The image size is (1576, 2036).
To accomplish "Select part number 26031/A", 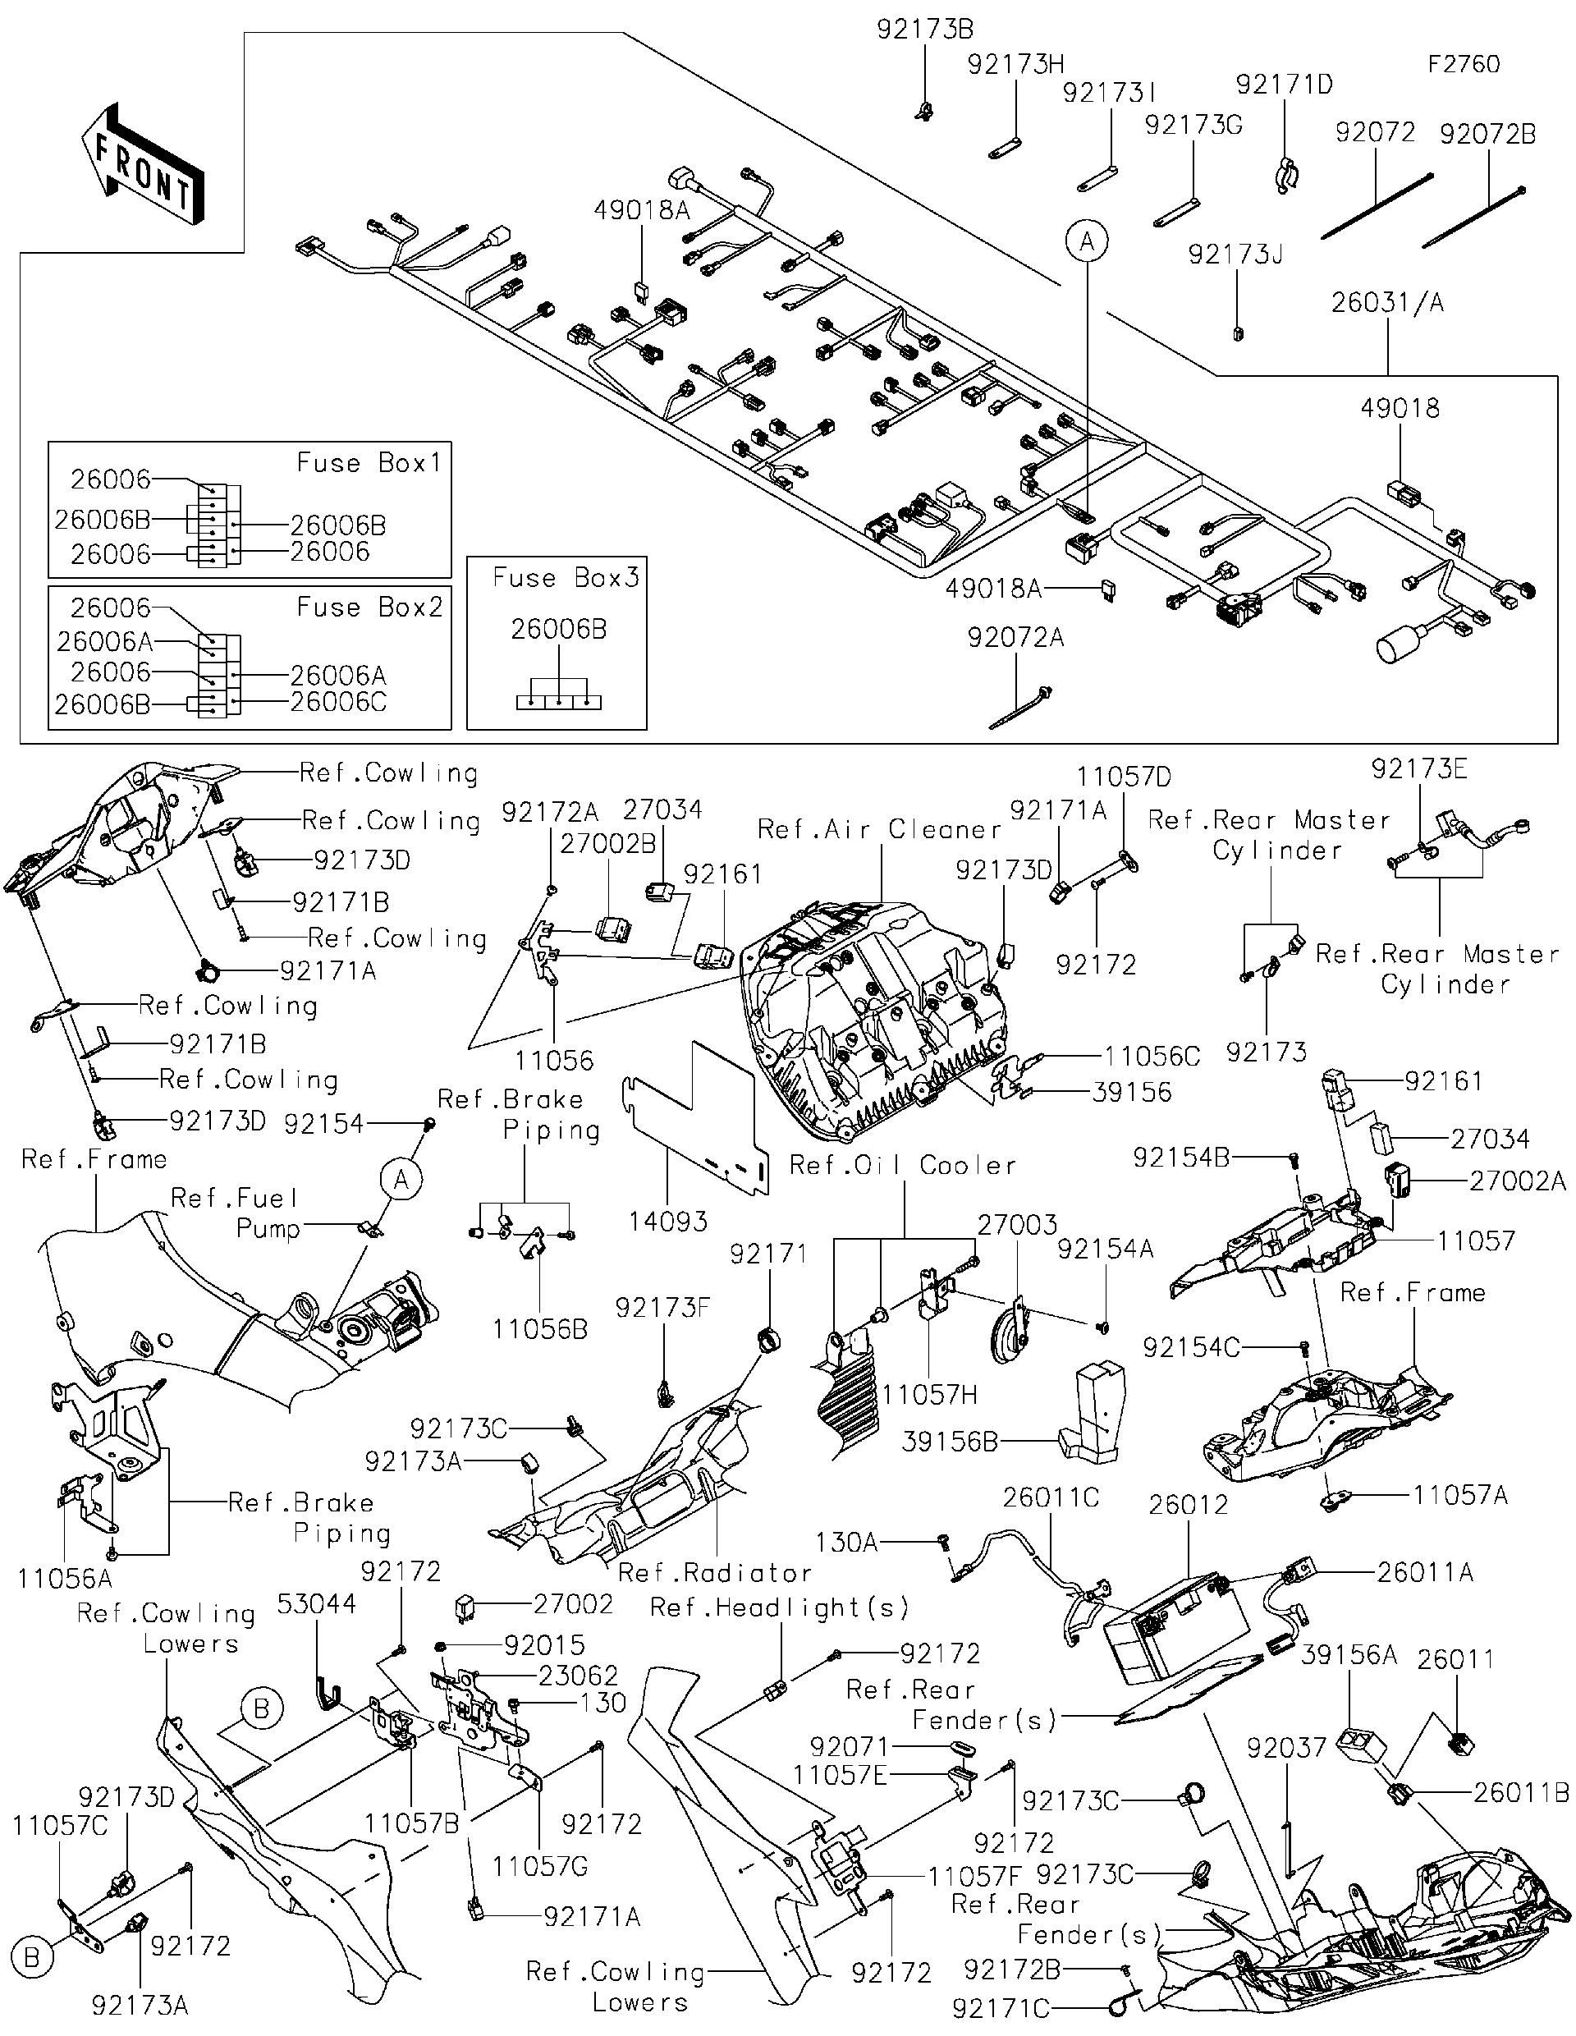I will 1387,302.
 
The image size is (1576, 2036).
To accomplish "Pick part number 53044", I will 316,1603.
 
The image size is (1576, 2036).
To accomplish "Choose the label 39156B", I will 949,1442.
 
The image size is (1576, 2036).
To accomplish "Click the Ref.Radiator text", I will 715,1574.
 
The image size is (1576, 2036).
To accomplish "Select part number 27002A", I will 1516,1181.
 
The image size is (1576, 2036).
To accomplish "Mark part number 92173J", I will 1235,254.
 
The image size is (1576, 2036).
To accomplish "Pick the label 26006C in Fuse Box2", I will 337,702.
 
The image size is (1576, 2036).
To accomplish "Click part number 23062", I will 578,1676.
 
